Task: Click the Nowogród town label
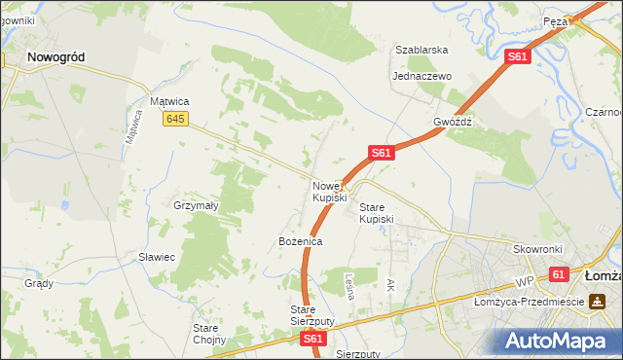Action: [x=55, y=57]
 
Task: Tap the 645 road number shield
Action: [x=175, y=119]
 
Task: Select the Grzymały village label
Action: [x=196, y=206]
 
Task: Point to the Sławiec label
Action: [x=156, y=257]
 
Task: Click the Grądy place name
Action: [x=39, y=283]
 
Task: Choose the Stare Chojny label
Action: [x=209, y=334]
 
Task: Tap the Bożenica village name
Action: [x=300, y=240]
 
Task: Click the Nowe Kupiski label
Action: [x=329, y=192]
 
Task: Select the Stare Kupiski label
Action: [x=377, y=213]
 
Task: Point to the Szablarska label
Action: [x=421, y=49]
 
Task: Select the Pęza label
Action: [x=556, y=20]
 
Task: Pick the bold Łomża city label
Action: [x=603, y=275]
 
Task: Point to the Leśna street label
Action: [x=348, y=284]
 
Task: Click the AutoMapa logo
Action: [x=556, y=342]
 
